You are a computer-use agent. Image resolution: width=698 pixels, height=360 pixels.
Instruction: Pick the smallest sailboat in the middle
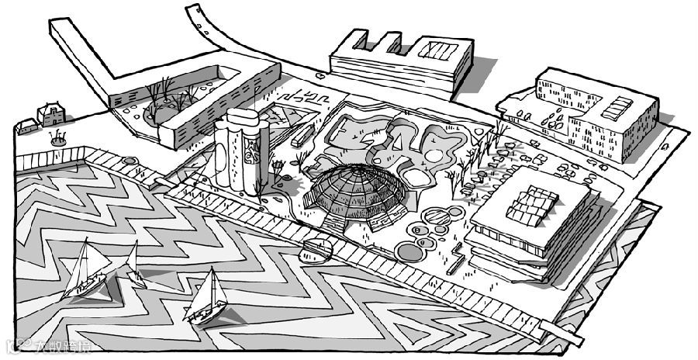133,264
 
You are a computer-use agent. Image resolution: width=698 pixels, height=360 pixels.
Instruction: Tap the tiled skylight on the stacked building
531,203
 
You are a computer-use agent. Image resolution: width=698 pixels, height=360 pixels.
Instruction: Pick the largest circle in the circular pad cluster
409,251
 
